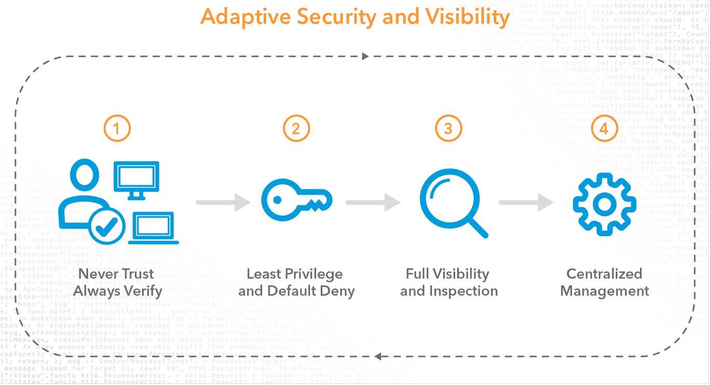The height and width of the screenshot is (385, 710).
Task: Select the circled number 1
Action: tap(117, 128)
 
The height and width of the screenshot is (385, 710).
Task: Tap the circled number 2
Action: tap(296, 128)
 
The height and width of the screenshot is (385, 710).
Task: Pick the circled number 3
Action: tap(448, 128)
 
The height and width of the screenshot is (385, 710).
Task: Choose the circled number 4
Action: tap(604, 128)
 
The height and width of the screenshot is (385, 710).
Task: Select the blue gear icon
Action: tap(604, 204)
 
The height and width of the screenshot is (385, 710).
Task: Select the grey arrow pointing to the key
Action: tap(223, 202)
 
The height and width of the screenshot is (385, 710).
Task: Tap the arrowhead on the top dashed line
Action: tap(365, 56)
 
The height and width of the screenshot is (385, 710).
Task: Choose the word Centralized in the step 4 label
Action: tap(604, 273)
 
